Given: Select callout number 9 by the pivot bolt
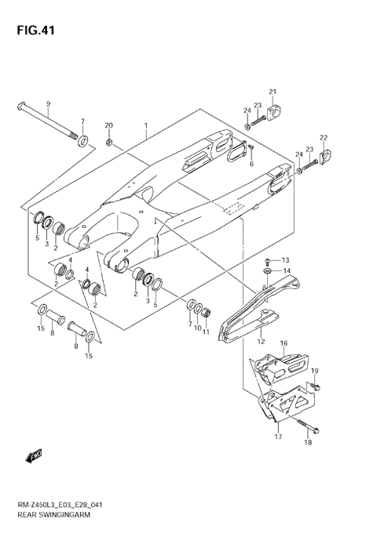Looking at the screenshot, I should pyautogui.click(x=47, y=105).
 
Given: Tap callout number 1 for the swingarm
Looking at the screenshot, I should pyautogui.click(x=145, y=125).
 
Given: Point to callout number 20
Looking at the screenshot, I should pyautogui.click(x=109, y=125).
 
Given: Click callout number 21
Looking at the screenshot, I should pyautogui.click(x=273, y=93).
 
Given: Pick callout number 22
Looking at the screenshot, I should pyautogui.click(x=323, y=139).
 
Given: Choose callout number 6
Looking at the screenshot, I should pyautogui.click(x=251, y=164).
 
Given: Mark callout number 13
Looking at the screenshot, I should pyautogui.click(x=285, y=260).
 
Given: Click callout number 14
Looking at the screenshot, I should pyautogui.click(x=287, y=271).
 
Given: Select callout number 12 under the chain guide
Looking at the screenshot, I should pyautogui.click(x=260, y=342).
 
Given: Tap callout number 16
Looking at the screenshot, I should pyautogui.click(x=284, y=343).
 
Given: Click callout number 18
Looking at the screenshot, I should pyautogui.click(x=308, y=443).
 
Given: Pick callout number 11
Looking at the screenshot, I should pyautogui.click(x=206, y=332).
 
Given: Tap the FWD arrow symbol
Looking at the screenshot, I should pyautogui.click(x=35, y=455).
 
